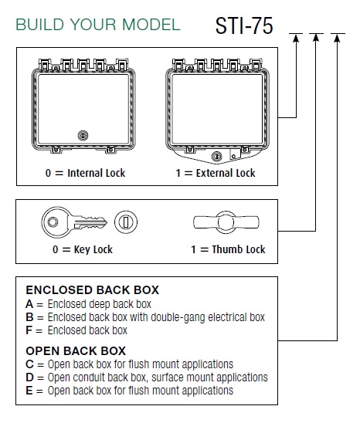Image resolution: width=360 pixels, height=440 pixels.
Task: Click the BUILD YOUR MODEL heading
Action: [x=98, y=25]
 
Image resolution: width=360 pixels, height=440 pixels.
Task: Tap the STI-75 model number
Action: [x=244, y=25]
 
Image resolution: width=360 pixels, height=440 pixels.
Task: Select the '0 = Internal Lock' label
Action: [x=85, y=173]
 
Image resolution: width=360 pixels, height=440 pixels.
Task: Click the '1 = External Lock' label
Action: [x=216, y=173]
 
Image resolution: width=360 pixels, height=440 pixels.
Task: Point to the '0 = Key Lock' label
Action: [x=83, y=249]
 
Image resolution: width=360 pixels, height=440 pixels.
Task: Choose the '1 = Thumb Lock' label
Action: [x=228, y=249]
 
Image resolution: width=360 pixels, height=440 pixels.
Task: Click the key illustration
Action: [x=74, y=222]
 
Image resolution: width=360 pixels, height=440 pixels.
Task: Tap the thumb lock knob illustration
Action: [x=226, y=222]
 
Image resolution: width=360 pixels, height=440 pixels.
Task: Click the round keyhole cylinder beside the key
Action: [x=126, y=222]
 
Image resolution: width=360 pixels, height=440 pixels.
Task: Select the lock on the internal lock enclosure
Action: [x=83, y=135]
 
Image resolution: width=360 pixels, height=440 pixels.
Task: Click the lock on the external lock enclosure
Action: [x=216, y=156]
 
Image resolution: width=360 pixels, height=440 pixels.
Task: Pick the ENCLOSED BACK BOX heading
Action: [x=93, y=290]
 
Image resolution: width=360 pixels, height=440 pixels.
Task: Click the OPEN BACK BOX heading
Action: [x=76, y=350]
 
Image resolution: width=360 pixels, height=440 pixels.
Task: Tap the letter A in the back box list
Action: [x=29, y=304]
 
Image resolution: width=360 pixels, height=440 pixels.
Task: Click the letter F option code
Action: [x=29, y=330]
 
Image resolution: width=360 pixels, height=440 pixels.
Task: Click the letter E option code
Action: [x=29, y=391]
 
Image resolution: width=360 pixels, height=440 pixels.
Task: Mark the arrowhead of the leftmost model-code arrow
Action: [x=296, y=38]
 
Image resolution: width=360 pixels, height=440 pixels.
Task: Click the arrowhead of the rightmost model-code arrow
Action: [x=338, y=38]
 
